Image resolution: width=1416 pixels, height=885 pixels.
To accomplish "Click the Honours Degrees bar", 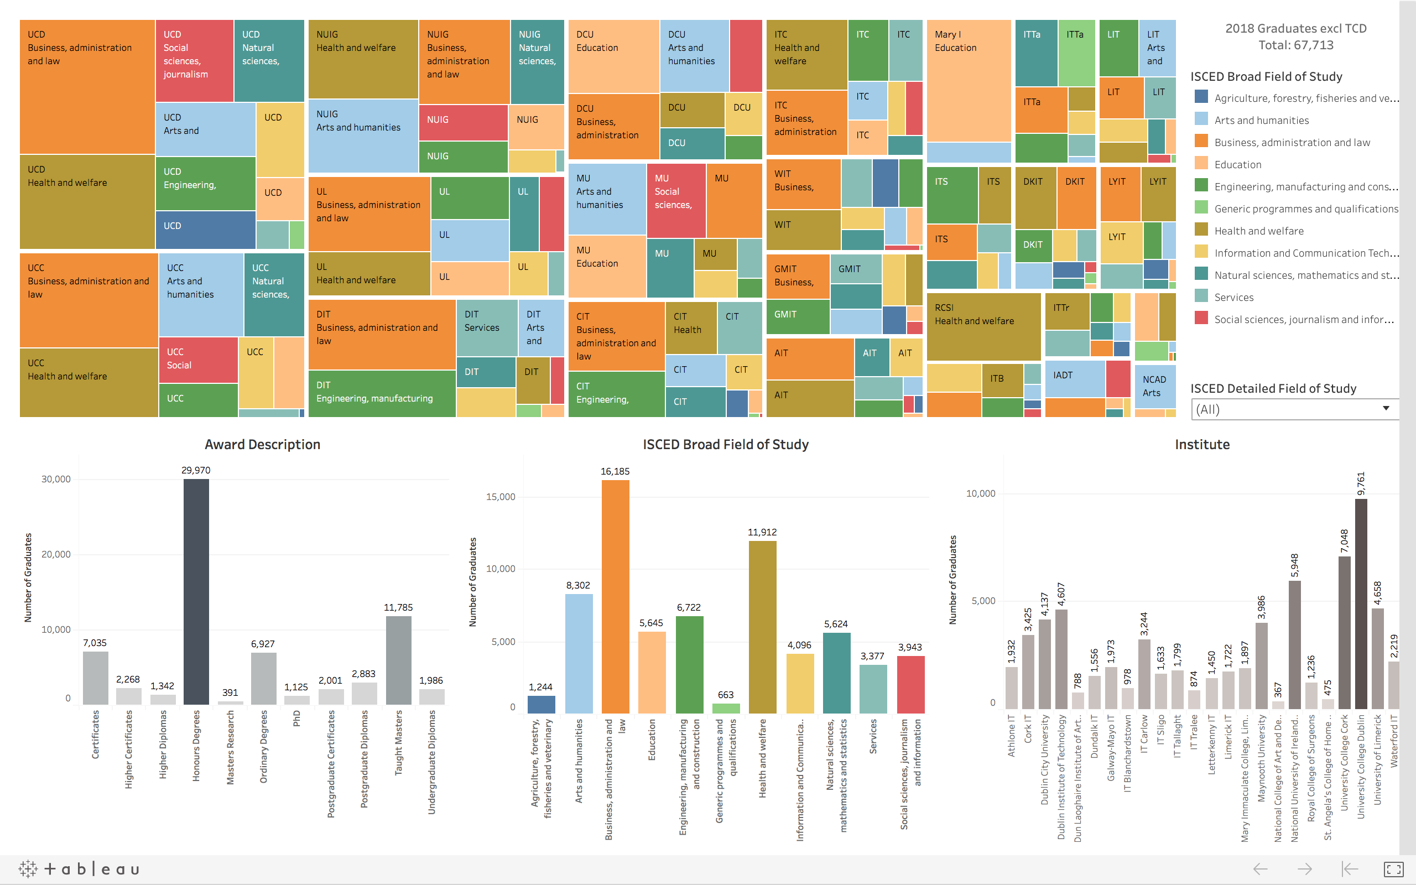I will [196, 591].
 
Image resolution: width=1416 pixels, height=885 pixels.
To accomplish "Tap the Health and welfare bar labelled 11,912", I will [762, 626].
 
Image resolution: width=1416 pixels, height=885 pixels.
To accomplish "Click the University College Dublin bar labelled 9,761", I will [1361, 603].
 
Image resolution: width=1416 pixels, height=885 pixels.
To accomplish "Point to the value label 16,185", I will [615, 471].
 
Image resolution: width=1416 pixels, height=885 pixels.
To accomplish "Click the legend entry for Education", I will [1237, 164].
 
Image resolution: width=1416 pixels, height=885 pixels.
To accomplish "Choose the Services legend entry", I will [1233, 298].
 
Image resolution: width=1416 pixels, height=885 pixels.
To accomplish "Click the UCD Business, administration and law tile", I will [87, 87].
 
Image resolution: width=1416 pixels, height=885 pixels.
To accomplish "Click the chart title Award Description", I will [262, 444].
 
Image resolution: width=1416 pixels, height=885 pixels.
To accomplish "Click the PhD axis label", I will [296, 718].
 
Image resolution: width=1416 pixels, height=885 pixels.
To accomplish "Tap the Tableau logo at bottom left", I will [79, 868].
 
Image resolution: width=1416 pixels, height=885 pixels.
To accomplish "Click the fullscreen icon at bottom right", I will [1393, 869].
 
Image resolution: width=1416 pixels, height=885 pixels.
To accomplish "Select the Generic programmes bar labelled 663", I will [726, 707].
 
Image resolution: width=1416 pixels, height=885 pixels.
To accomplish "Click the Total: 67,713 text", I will [1295, 45].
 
